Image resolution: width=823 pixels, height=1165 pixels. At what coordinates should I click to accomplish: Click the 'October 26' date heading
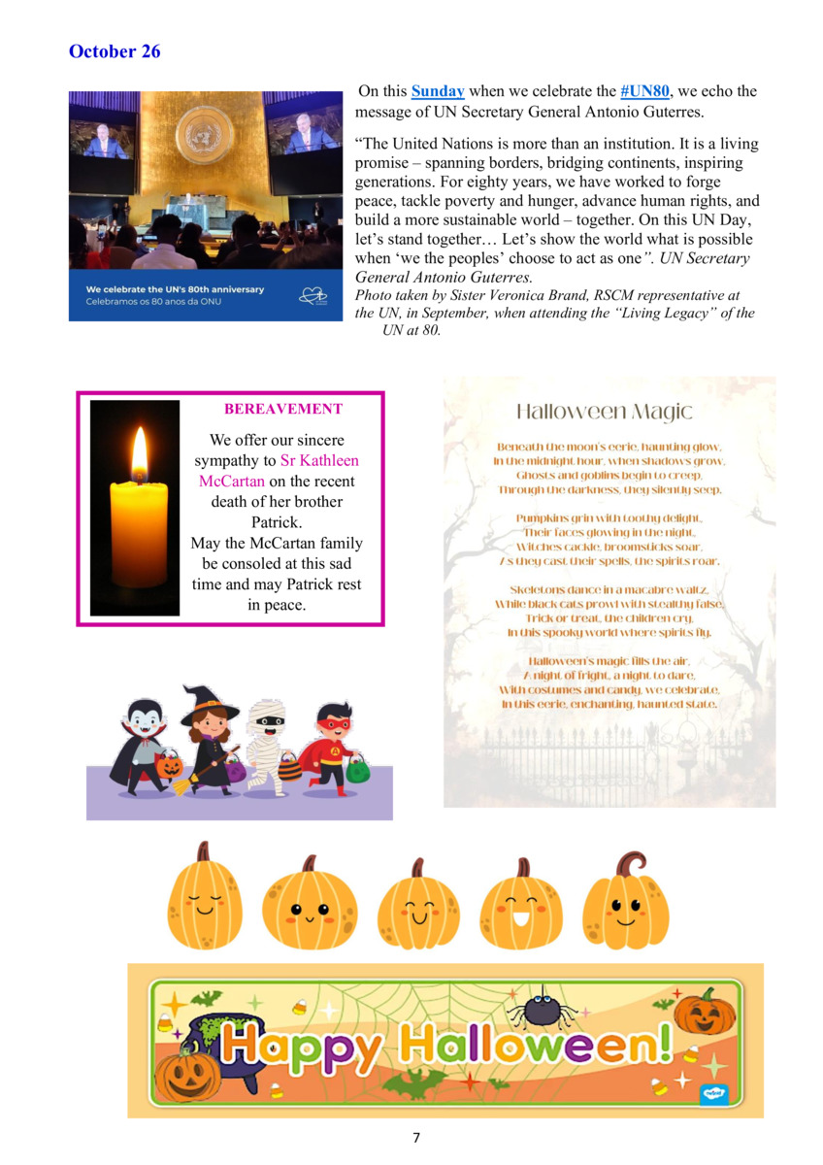pyautogui.click(x=115, y=51)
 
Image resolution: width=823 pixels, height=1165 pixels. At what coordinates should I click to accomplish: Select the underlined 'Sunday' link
pyautogui.click(x=438, y=91)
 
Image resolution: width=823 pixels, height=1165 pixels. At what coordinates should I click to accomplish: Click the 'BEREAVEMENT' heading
pyautogui.click(x=283, y=409)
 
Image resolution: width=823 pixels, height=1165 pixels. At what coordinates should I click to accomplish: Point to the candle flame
pyautogui.click(x=139, y=455)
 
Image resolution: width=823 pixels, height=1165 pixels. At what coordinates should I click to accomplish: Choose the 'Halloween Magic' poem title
pyautogui.click(x=605, y=411)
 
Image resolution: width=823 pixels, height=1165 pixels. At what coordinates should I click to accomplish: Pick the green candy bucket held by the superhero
pyautogui.click(x=358, y=772)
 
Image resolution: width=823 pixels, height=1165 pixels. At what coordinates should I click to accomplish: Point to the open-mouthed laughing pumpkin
pyautogui.click(x=521, y=904)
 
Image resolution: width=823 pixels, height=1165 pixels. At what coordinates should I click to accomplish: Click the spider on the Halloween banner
pyautogui.click(x=543, y=1009)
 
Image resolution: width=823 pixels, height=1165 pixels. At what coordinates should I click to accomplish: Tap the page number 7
pyautogui.click(x=415, y=1137)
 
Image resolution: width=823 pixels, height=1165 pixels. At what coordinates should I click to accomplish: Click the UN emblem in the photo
pyautogui.click(x=204, y=135)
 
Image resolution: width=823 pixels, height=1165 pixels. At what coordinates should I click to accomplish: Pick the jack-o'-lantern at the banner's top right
pyautogui.click(x=704, y=1012)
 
